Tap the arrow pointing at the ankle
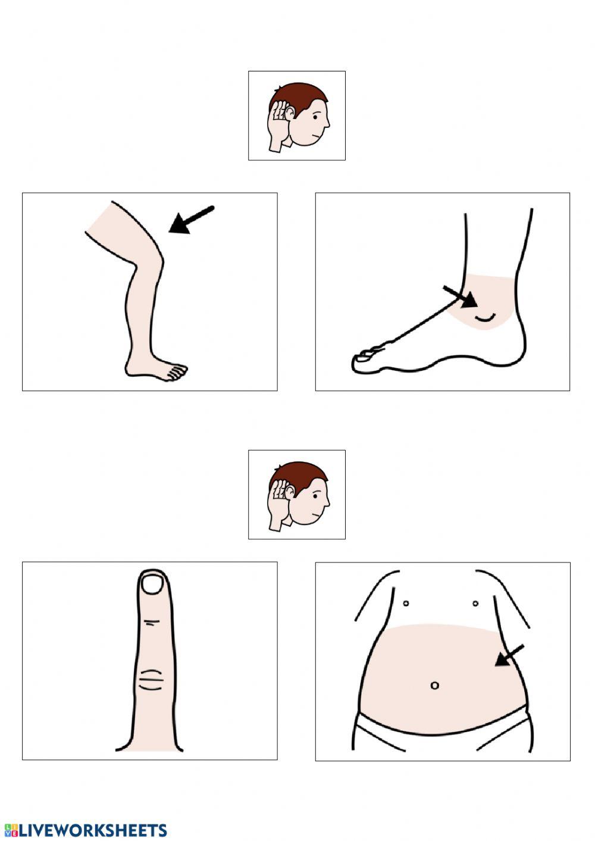coord(461,296)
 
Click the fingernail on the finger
coord(154,584)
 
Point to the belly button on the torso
coord(434,685)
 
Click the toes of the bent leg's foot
coord(175,372)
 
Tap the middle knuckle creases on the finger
coord(151,679)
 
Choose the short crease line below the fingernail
coord(152,622)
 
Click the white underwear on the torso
coord(440,738)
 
